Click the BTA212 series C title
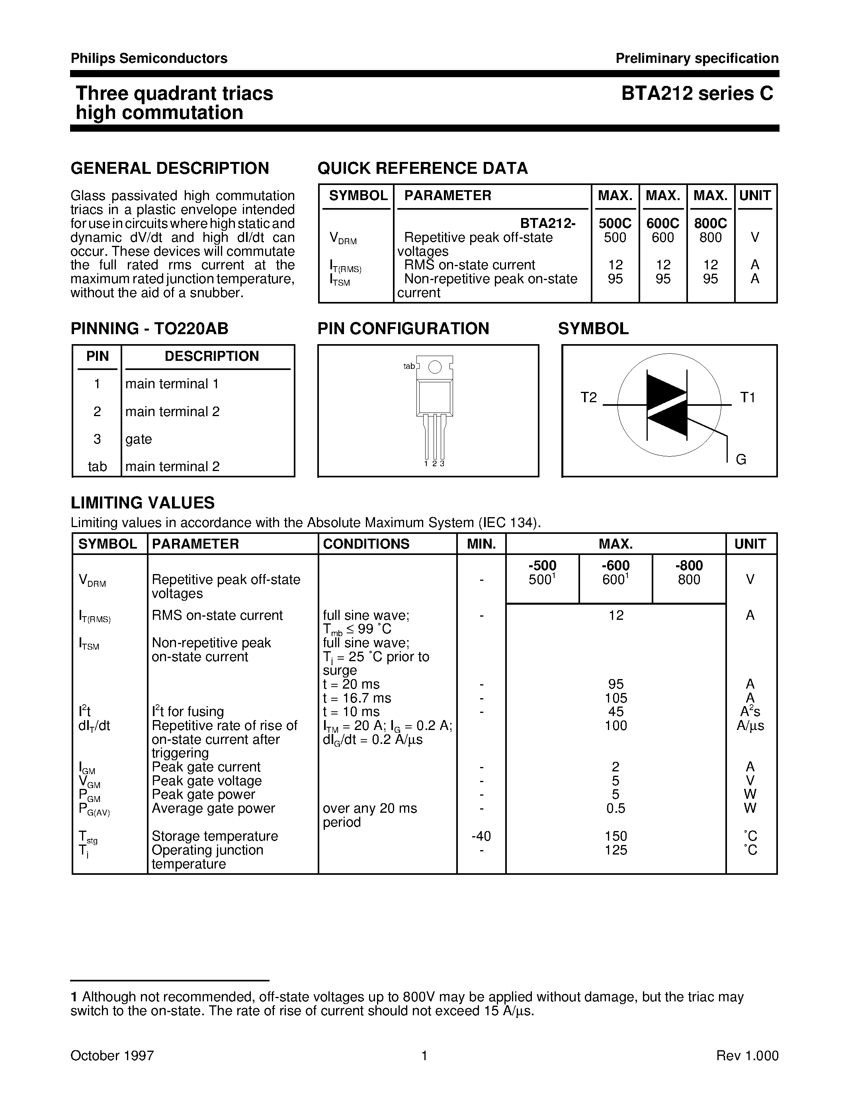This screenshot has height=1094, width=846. pyautogui.click(x=697, y=93)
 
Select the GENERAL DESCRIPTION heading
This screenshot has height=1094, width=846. pyautogui.click(x=170, y=168)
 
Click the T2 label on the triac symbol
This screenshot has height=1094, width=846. pyautogui.click(x=588, y=398)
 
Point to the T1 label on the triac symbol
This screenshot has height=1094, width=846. pyautogui.click(x=747, y=398)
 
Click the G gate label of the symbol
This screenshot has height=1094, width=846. pyautogui.click(x=741, y=459)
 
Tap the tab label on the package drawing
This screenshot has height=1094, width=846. pyautogui.click(x=409, y=366)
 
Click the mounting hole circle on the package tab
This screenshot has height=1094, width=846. pyautogui.click(x=435, y=367)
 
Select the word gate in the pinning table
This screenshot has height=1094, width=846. pyautogui.click(x=138, y=439)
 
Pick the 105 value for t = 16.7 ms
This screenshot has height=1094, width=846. pyautogui.click(x=615, y=698)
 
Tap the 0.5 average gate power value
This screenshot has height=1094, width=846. pyautogui.click(x=615, y=808)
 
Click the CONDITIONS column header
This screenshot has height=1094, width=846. pyautogui.click(x=366, y=544)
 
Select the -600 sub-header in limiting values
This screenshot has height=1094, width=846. pyautogui.click(x=615, y=566)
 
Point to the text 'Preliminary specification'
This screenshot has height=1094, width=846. pyautogui.click(x=697, y=58)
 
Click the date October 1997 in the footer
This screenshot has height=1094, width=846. pyautogui.click(x=112, y=1056)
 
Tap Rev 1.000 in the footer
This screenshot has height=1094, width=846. pyautogui.click(x=747, y=1056)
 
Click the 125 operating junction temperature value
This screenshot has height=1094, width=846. pyautogui.click(x=615, y=850)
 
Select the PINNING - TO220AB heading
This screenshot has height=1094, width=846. pyautogui.click(x=149, y=329)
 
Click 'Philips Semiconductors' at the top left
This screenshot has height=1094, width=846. pyautogui.click(x=149, y=58)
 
